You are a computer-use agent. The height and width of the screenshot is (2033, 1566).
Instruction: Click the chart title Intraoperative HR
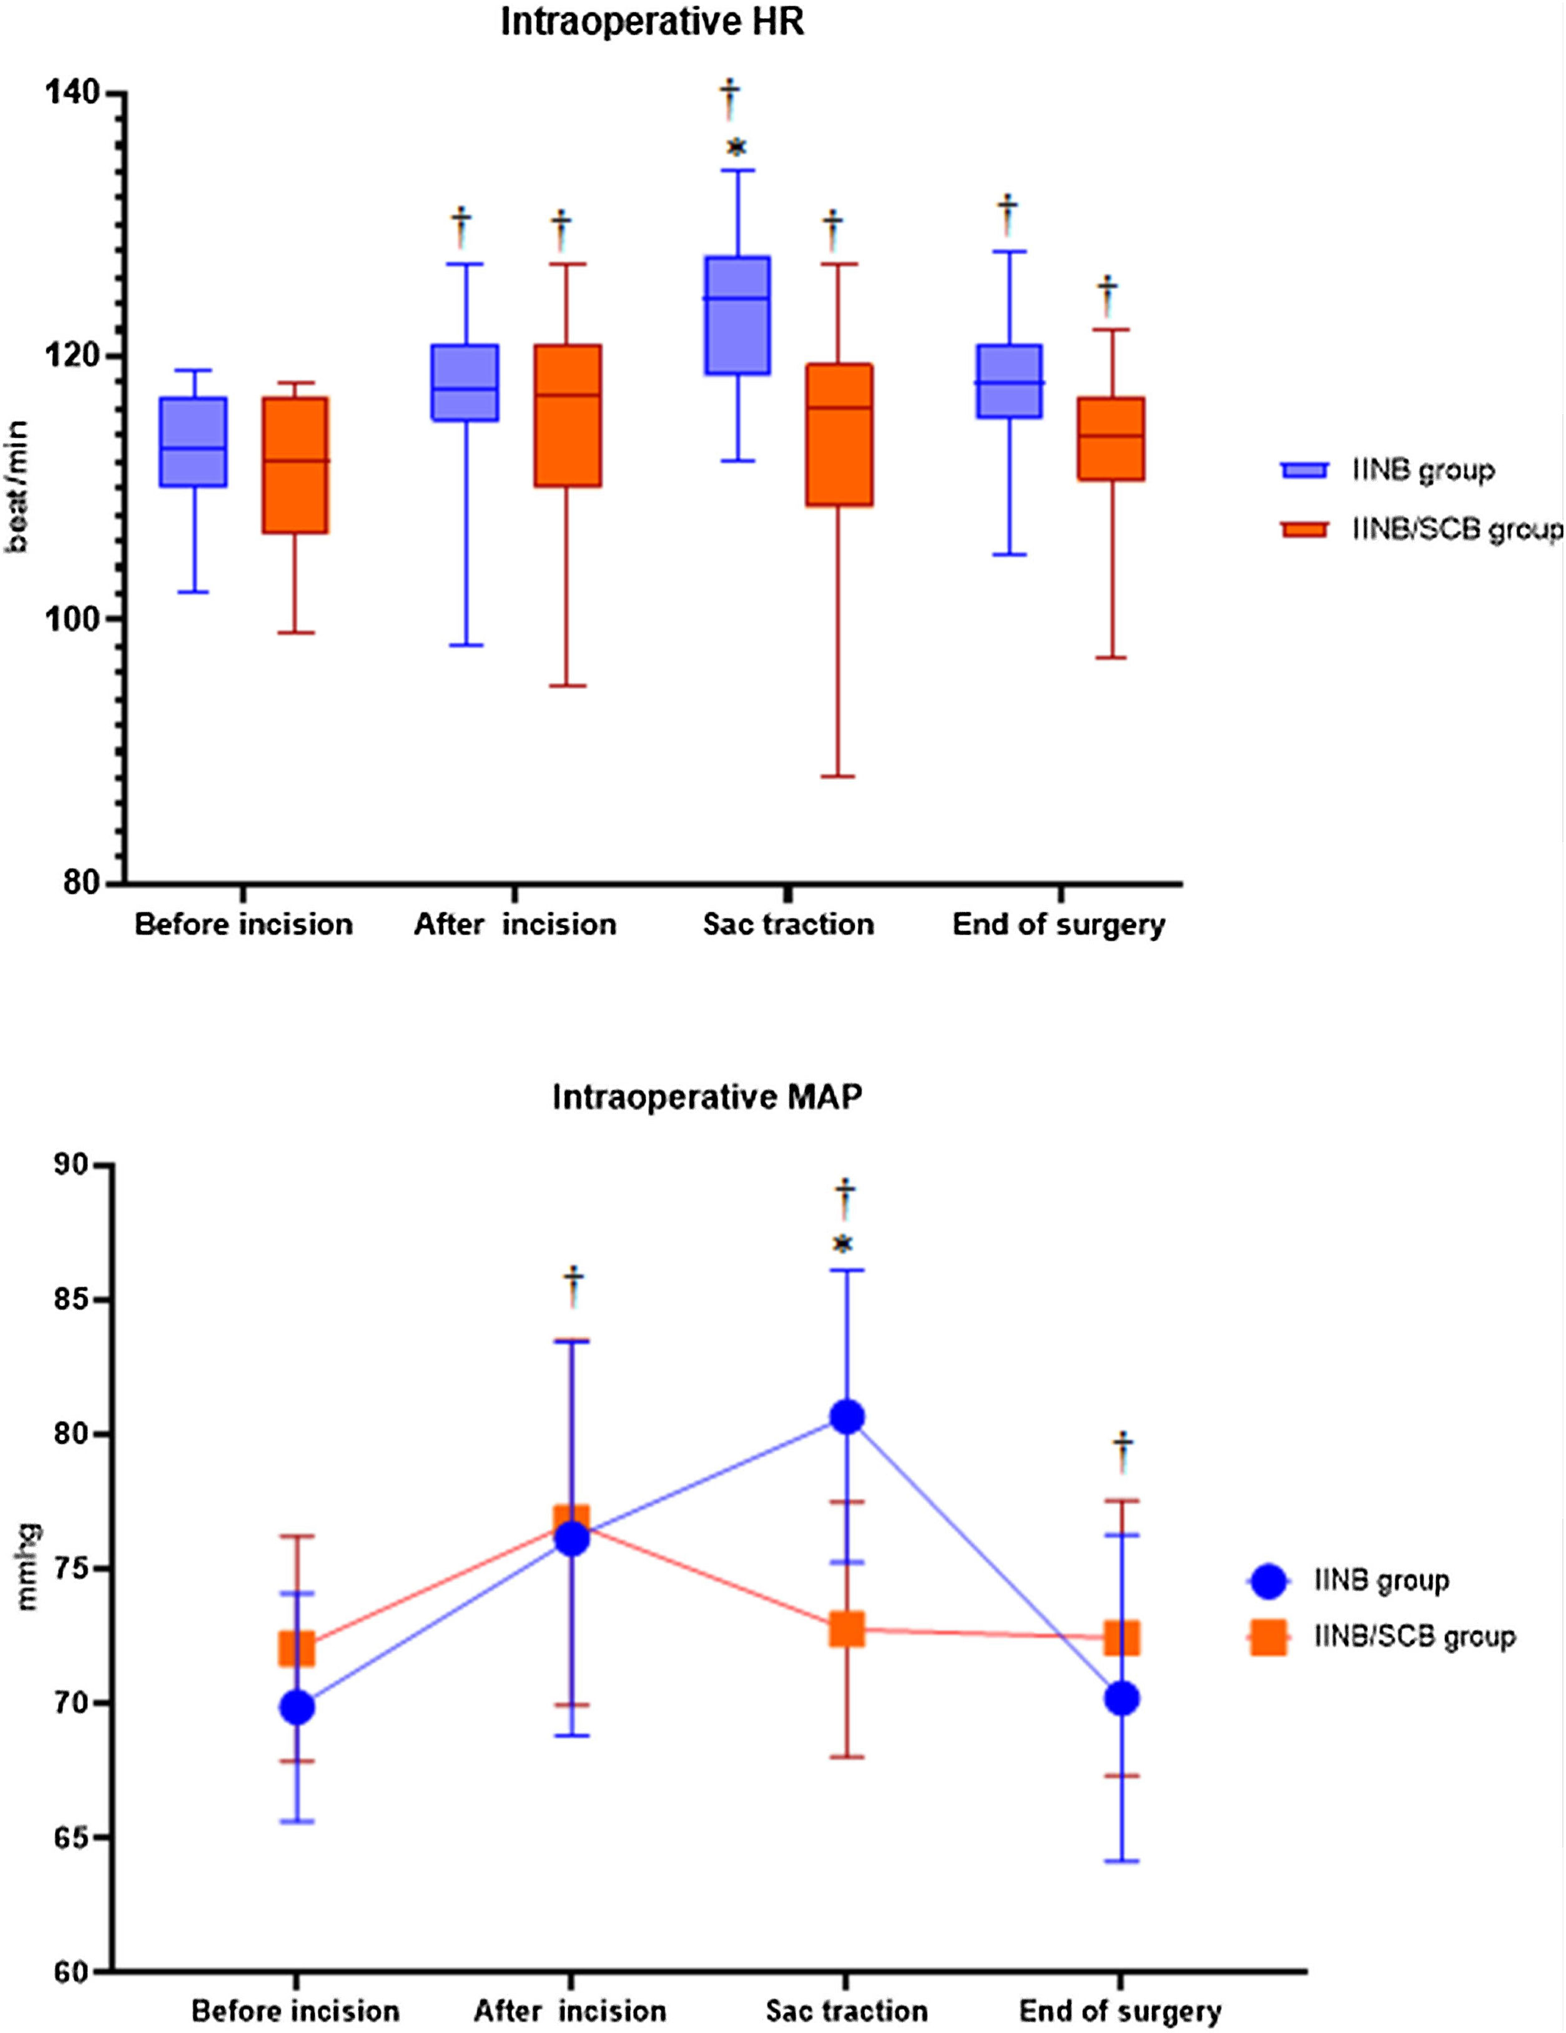652,22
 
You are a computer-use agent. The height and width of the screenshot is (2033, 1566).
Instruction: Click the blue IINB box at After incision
465,383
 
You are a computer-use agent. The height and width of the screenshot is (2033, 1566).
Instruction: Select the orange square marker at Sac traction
846,1629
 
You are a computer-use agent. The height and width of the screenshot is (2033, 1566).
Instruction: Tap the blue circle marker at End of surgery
1122,1699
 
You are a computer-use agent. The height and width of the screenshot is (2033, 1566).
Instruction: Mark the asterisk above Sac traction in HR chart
736,147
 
